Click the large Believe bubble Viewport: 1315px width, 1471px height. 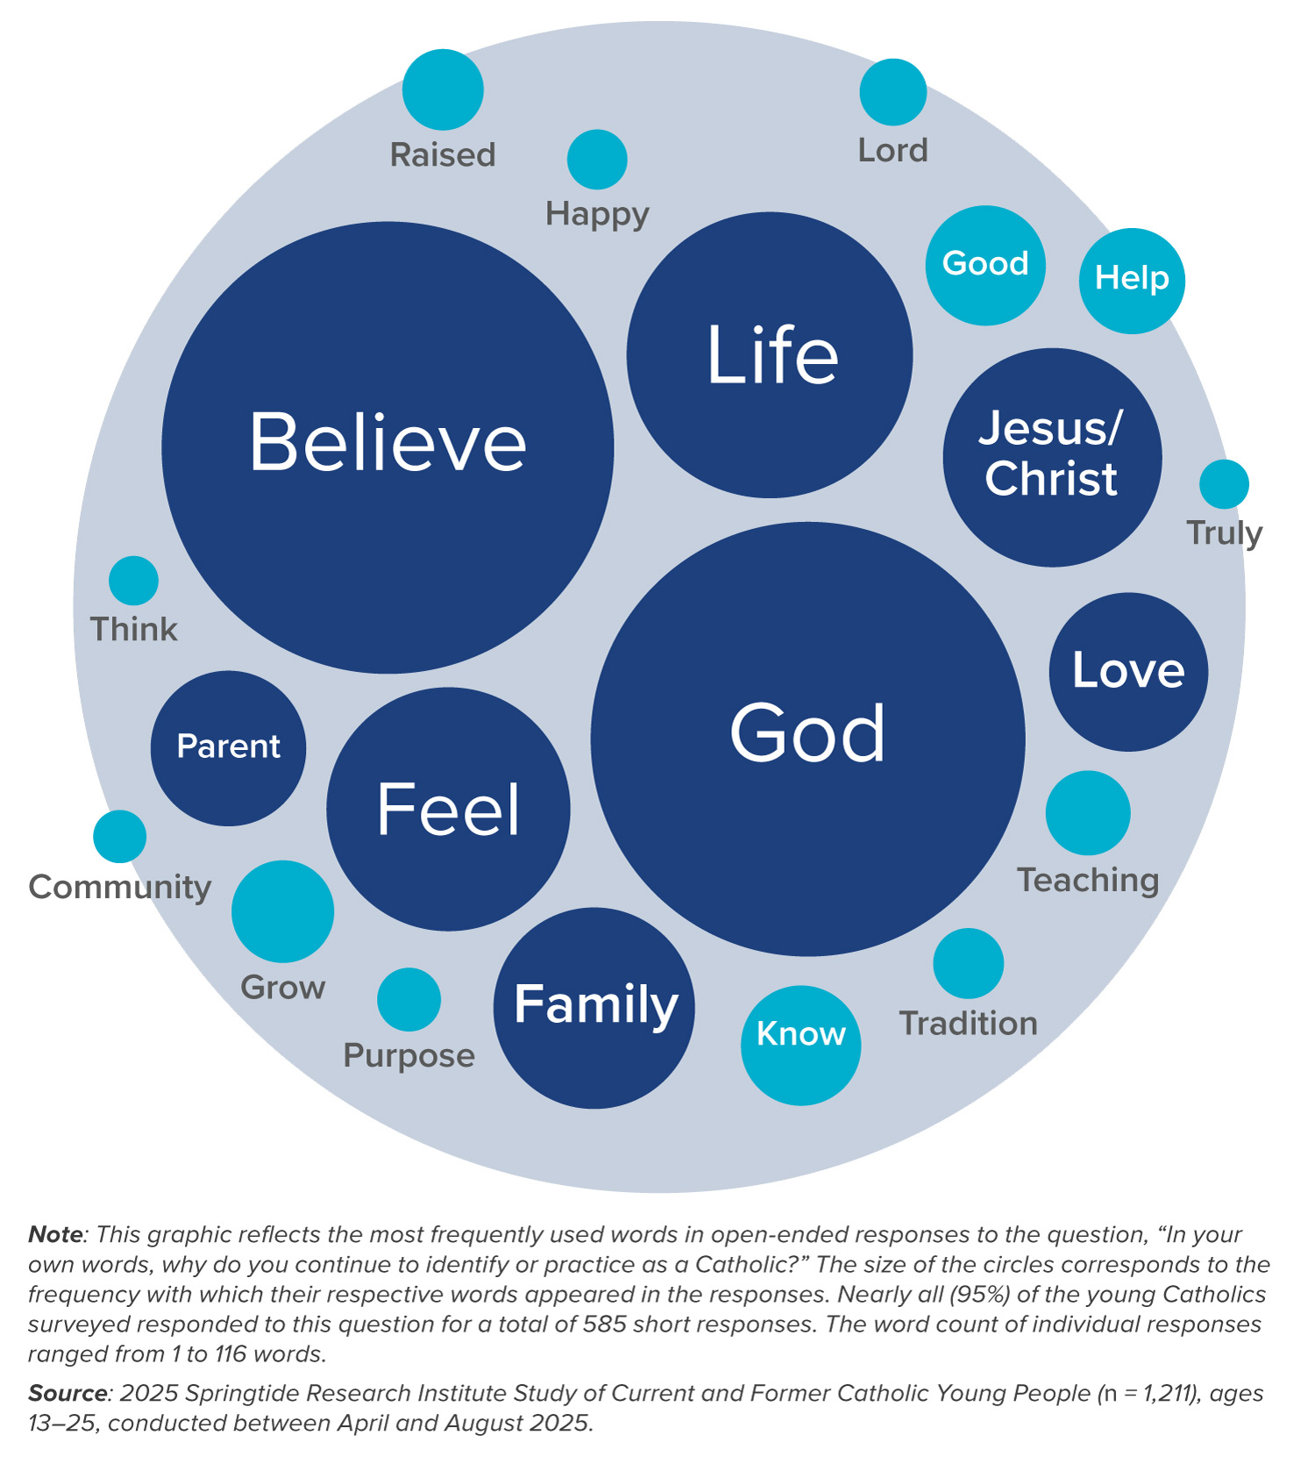coord(387,447)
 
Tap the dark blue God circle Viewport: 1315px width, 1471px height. coord(807,739)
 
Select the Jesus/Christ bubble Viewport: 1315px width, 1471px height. coord(1052,457)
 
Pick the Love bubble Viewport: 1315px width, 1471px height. coord(1128,671)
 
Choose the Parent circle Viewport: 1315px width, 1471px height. coord(228,747)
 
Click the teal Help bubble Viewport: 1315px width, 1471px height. coord(1131,281)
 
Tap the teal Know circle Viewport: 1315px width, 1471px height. coord(800,1045)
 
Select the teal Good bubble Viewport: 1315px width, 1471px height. coord(985,265)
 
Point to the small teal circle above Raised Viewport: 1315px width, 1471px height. coord(443,89)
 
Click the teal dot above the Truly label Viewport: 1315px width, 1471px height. coord(1224,484)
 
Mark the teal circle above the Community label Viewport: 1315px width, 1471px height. coord(120,836)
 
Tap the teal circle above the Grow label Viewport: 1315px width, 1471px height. coord(282,911)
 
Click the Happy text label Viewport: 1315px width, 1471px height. coord(597,214)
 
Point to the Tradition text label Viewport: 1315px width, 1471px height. coord(968,1024)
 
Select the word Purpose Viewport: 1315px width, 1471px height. coord(409,1055)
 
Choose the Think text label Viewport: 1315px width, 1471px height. coord(133,629)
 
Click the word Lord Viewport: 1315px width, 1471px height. coord(892,151)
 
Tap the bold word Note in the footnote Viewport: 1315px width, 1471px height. coord(55,1234)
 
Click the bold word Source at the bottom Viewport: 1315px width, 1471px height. coord(67,1393)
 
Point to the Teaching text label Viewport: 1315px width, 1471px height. coord(1087,880)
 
